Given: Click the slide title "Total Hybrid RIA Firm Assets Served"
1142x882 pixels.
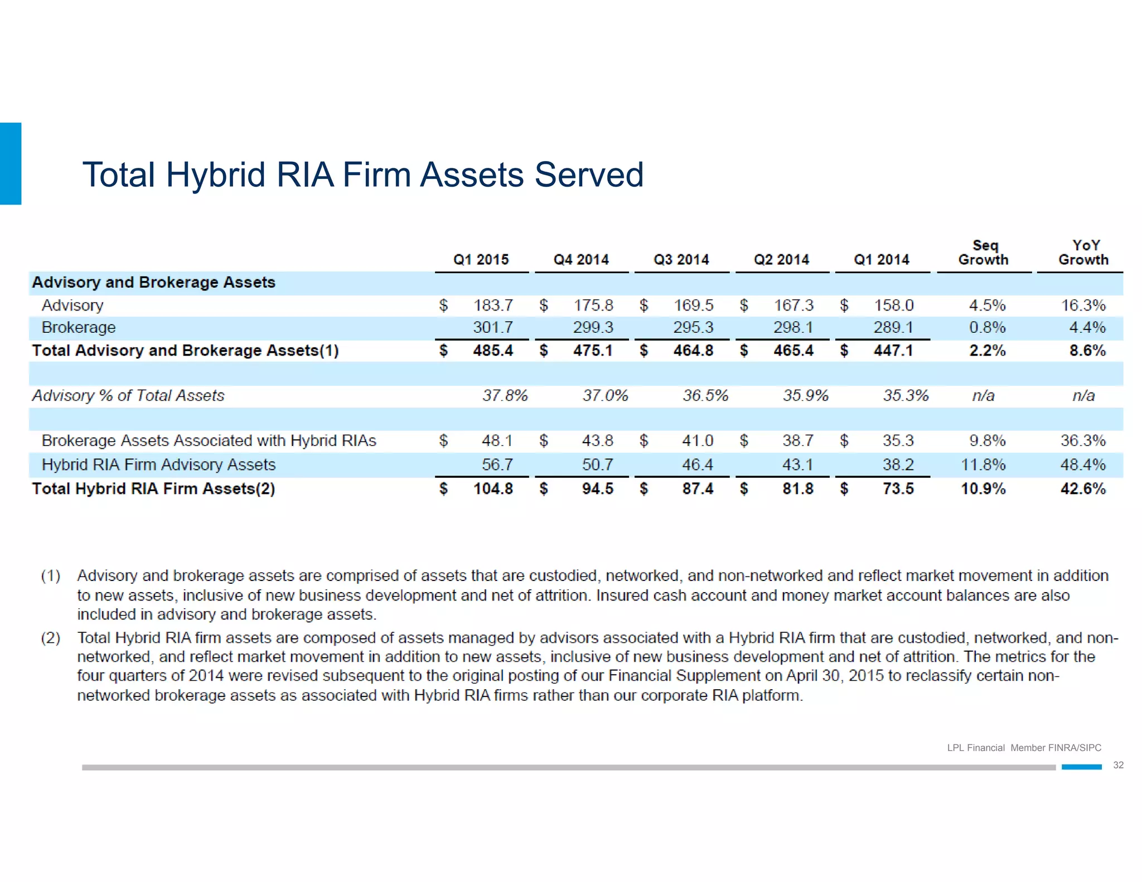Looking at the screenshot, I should pyautogui.click(x=363, y=175).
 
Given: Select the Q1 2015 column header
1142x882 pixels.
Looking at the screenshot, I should pyautogui.click(x=481, y=260).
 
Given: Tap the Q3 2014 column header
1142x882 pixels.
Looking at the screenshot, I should pyautogui.click(x=681, y=260).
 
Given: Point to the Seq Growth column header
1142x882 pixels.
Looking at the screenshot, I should pyautogui.click(x=984, y=253).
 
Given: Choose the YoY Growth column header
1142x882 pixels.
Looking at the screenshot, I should pyautogui.click(x=1083, y=253).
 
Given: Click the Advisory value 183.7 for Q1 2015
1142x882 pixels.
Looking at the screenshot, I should pyautogui.click(x=493, y=306).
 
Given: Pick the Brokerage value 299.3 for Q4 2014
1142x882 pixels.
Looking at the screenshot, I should pyautogui.click(x=593, y=327).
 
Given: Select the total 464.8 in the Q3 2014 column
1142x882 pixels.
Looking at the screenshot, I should pyautogui.click(x=693, y=351).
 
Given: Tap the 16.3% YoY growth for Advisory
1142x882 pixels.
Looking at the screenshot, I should pyautogui.click(x=1083, y=306).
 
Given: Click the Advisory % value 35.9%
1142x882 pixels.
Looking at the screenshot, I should pyautogui.click(x=805, y=396).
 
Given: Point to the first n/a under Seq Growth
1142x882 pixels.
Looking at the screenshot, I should pyautogui.click(x=983, y=396).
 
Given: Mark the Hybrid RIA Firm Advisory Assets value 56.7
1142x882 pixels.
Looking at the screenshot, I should pyautogui.click(x=497, y=464).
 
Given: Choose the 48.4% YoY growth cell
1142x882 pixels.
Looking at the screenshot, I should pyautogui.click(x=1083, y=464).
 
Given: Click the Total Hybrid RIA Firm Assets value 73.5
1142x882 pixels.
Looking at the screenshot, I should pyautogui.click(x=898, y=489).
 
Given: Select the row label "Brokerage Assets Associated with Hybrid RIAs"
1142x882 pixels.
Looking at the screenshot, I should pyautogui.click(x=209, y=441).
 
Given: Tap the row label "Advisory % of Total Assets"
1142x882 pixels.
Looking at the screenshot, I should pyautogui.click(x=128, y=396).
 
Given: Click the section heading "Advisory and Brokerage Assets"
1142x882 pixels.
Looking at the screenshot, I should pyautogui.click(x=154, y=283).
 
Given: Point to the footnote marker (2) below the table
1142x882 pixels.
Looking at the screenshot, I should pyautogui.click(x=51, y=638).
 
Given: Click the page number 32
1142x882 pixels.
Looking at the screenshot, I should pyautogui.click(x=1118, y=765).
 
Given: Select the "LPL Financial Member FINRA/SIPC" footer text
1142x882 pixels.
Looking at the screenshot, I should pyautogui.click(x=1024, y=748).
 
